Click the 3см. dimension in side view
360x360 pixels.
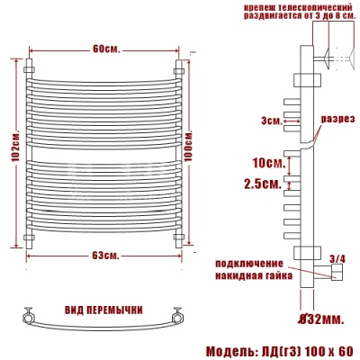(270, 121)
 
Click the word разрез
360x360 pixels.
(337, 119)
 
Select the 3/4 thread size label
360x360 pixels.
(337, 259)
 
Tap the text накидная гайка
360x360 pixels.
(251, 276)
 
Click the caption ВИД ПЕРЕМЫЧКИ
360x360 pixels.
(103, 310)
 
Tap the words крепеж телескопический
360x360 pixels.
(292, 8)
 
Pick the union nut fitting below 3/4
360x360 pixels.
(337, 274)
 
